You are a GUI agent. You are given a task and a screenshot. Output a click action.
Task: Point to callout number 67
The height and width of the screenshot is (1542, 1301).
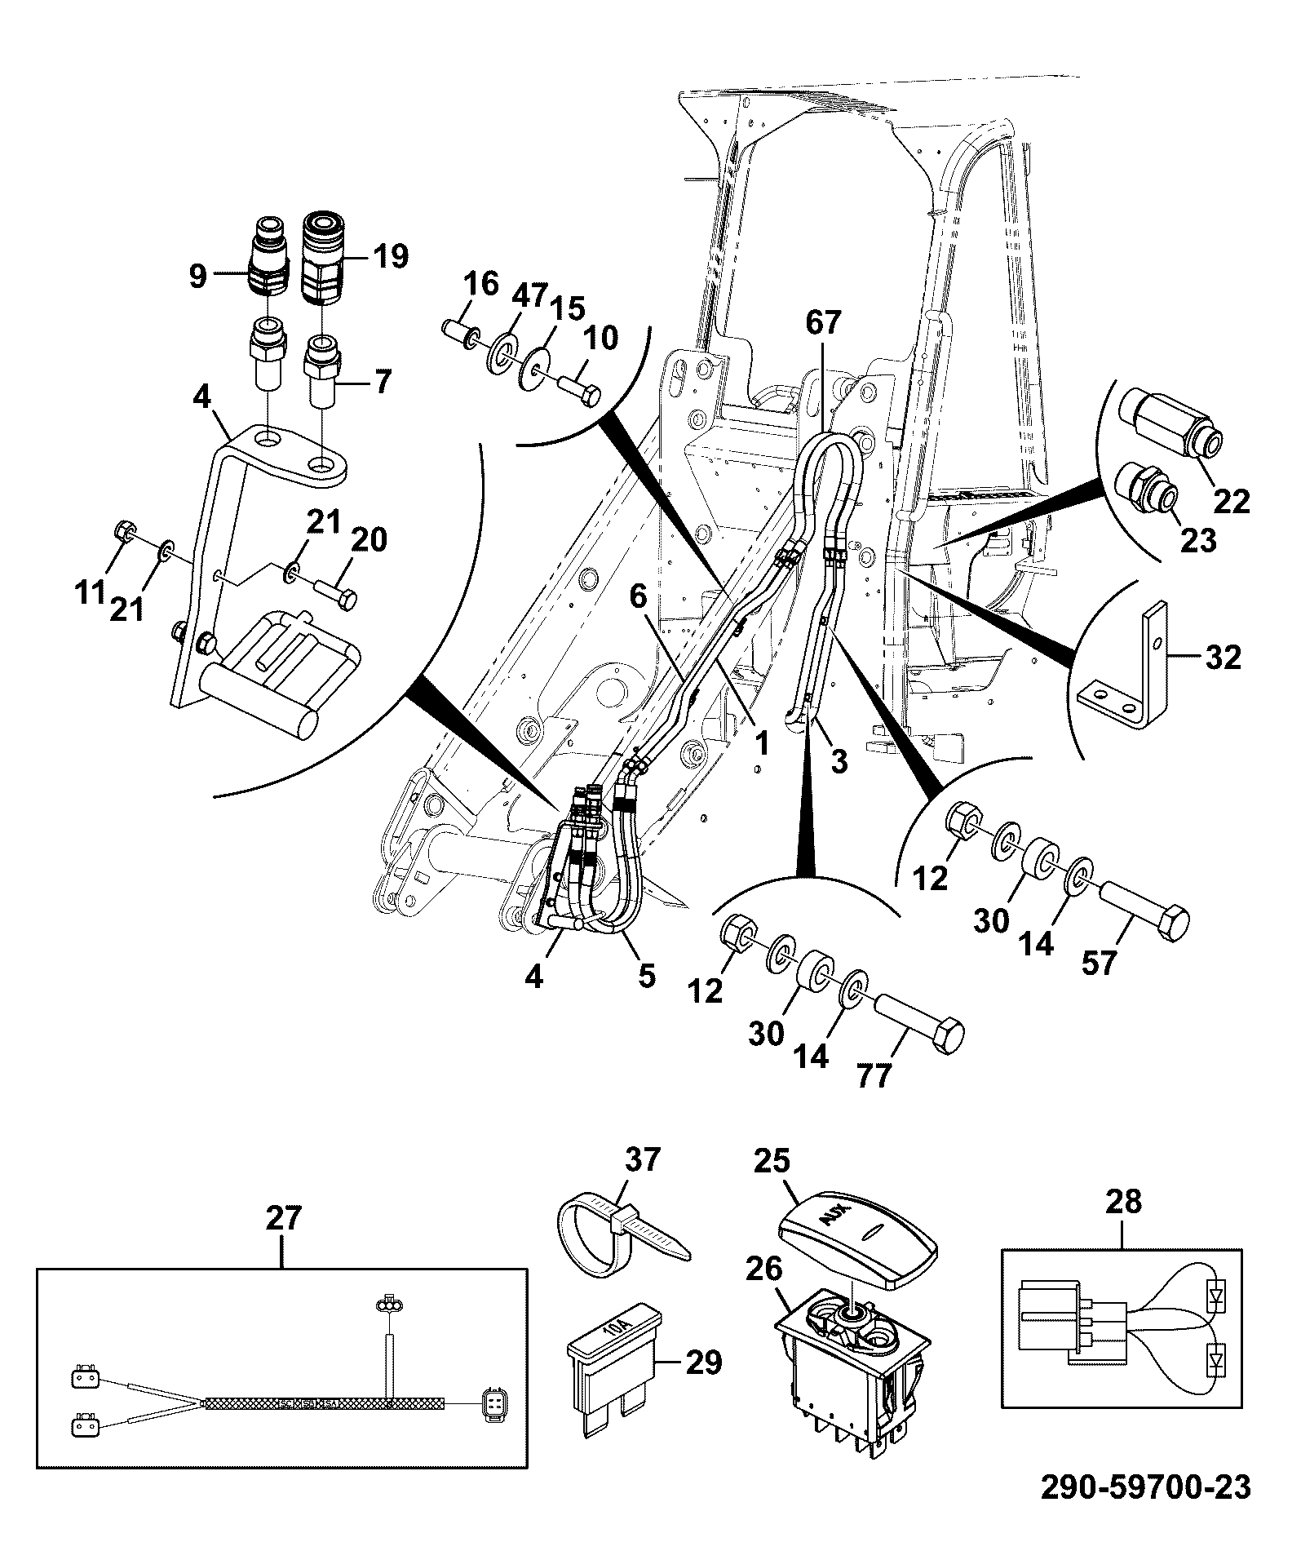821,323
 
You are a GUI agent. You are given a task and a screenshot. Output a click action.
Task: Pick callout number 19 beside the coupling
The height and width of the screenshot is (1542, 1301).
391,256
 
